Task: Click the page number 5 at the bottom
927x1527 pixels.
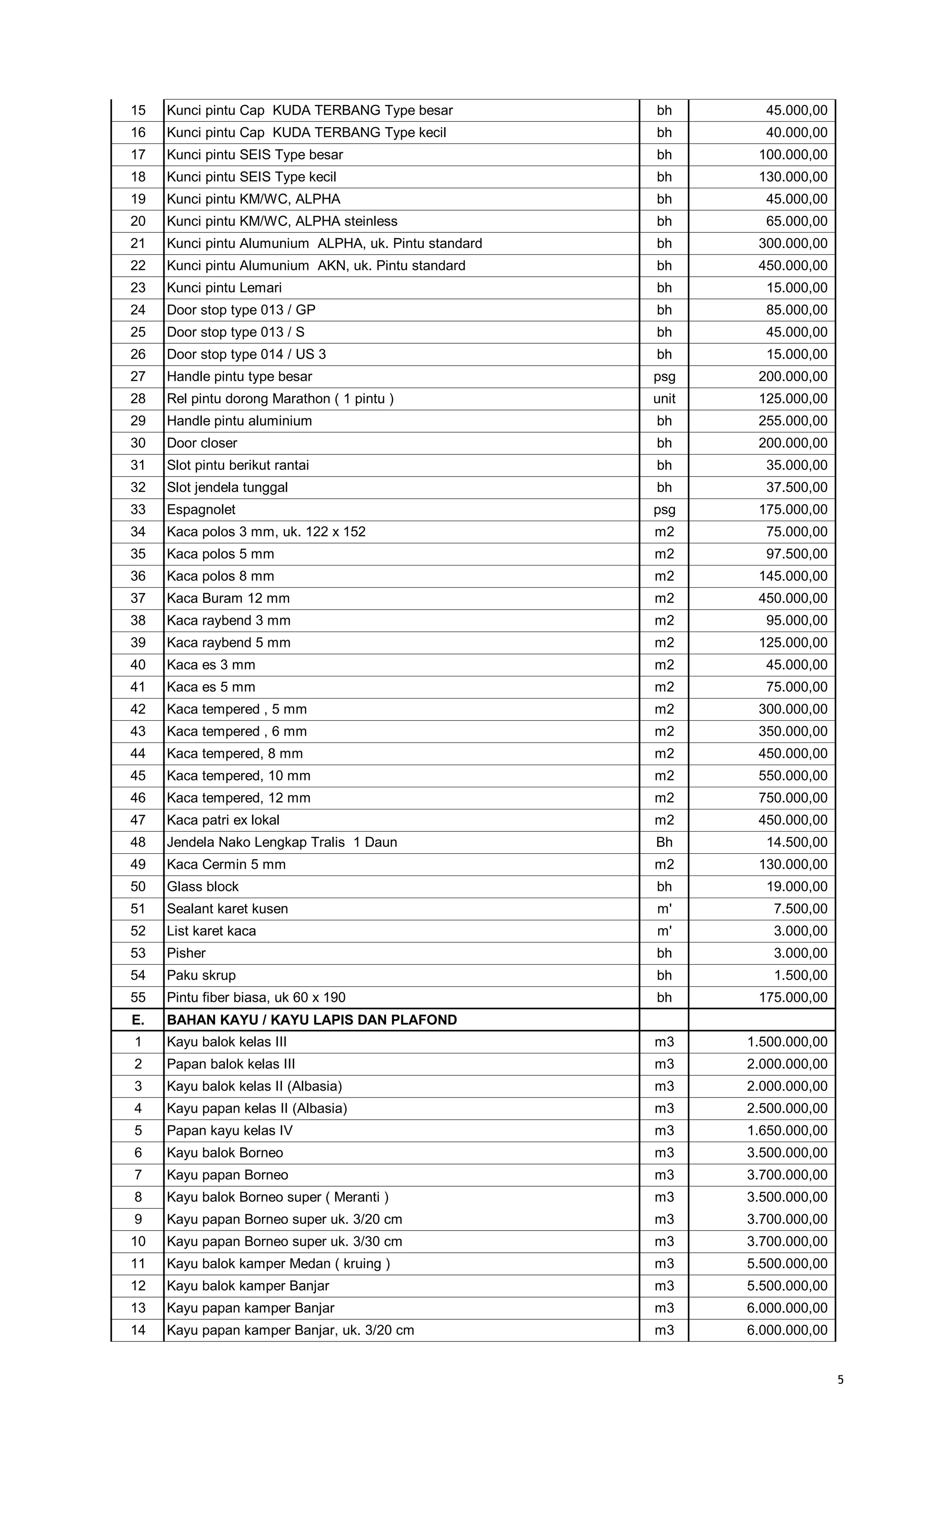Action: click(x=840, y=1379)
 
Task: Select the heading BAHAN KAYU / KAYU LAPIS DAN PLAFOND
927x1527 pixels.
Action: click(x=312, y=1020)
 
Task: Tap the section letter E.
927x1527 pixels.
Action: click(x=138, y=1020)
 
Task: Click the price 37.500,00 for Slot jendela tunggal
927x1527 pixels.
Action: click(x=796, y=487)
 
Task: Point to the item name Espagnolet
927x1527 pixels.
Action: click(x=201, y=509)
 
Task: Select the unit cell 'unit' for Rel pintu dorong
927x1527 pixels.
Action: click(x=664, y=398)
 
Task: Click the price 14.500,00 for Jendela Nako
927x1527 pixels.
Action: click(x=796, y=842)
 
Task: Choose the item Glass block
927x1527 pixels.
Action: click(x=203, y=886)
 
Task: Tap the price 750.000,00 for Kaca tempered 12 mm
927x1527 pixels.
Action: click(x=793, y=798)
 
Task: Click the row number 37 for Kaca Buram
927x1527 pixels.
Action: click(x=138, y=598)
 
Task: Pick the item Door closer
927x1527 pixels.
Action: click(x=202, y=443)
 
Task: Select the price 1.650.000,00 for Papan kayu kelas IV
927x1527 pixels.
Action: click(x=787, y=1130)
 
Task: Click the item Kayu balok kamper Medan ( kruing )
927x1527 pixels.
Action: click(x=278, y=1264)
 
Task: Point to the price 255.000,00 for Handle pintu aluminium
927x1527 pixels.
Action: click(x=793, y=421)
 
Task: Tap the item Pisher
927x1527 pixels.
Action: click(x=186, y=953)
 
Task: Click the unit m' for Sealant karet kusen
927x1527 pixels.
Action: click(x=664, y=909)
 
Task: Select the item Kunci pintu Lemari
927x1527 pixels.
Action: click(x=225, y=287)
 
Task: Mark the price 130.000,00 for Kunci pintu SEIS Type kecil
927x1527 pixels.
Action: click(x=793, y=177)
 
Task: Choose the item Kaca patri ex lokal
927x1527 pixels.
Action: click(x=223, y=820)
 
